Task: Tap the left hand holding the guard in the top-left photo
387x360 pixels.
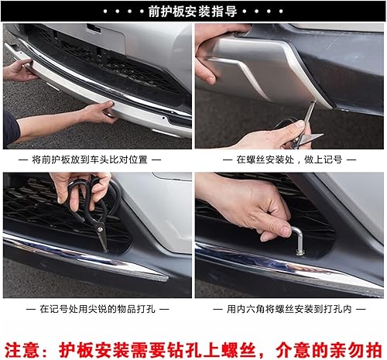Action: [x=19, y=71]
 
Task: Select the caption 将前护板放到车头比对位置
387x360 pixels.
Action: [x=97, y=159]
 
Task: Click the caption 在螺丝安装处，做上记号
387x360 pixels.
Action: [x=289, y=159]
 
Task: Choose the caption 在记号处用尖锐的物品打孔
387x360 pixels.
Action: [x=97, y=309]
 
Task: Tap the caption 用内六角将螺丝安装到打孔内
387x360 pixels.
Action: [x=289, y=309]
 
